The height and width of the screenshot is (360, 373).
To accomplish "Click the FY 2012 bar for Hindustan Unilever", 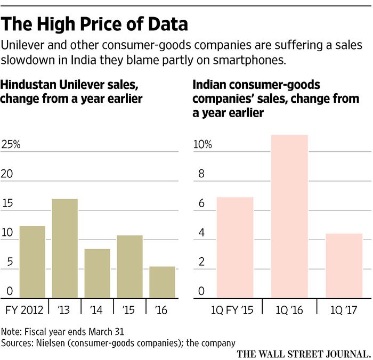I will point(32,262).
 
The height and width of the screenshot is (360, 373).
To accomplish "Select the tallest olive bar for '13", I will point(64,248).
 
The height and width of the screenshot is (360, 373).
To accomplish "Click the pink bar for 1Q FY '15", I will point(235,247).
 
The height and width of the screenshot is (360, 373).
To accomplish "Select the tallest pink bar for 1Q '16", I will point(289,216).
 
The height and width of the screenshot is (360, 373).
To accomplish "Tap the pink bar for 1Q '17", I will point(344,265).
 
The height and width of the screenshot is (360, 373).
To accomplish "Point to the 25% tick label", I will point(11,145).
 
